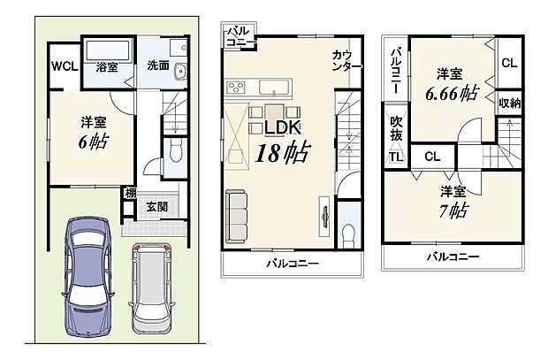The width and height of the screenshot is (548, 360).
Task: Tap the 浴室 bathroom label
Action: tap(106, 65)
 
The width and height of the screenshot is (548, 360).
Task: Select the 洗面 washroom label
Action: tap(159, 65)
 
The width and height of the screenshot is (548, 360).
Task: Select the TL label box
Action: tap(393, 157)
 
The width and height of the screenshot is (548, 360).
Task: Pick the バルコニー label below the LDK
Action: tap(291, 263)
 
